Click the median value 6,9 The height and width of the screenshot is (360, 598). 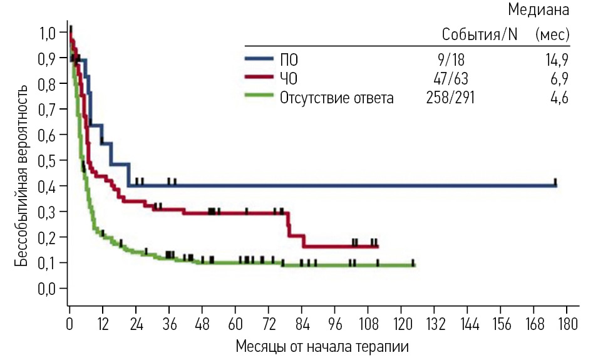pyautogui.click(x=559, y=79)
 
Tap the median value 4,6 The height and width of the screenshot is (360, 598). pyautogui.click(x=559, y=98)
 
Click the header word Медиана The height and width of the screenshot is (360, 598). pyautogui.click(x=539, y=10)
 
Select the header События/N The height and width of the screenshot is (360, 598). pyautogui.click(x=480, y=34)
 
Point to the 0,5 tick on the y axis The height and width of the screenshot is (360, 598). pyautogui.click(x=48, y=160)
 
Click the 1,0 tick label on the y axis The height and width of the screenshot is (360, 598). pyautogui.click(x=48, y=32)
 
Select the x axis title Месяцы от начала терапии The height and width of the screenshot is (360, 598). pyautogui.click(x=322, y=346)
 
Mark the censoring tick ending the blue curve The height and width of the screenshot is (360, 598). pyautogui.click(x=555, y=183)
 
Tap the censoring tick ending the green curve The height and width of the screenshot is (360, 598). pyautogui.click(x=413, y=263)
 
